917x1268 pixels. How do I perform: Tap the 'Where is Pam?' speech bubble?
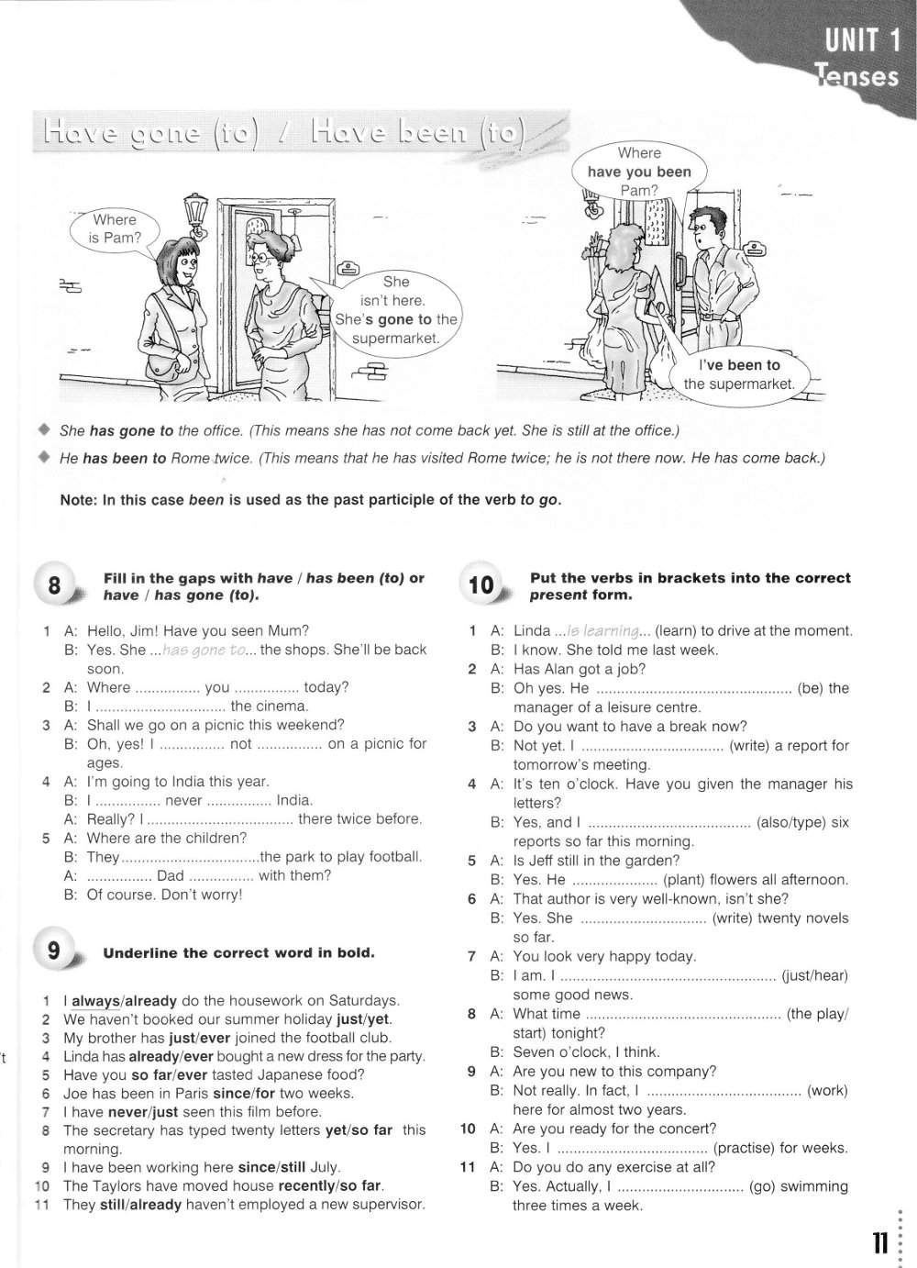[x=115, y=229]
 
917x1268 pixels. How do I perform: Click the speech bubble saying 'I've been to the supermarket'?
[x=739, y=374]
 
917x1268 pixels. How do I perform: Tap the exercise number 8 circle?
[x=55, y=584]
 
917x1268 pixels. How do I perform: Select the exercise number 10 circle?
[x=481, y=584]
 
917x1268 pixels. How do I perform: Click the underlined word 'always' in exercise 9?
[x=97, y=1000]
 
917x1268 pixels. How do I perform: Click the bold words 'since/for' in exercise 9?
[x=244, y=1093]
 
